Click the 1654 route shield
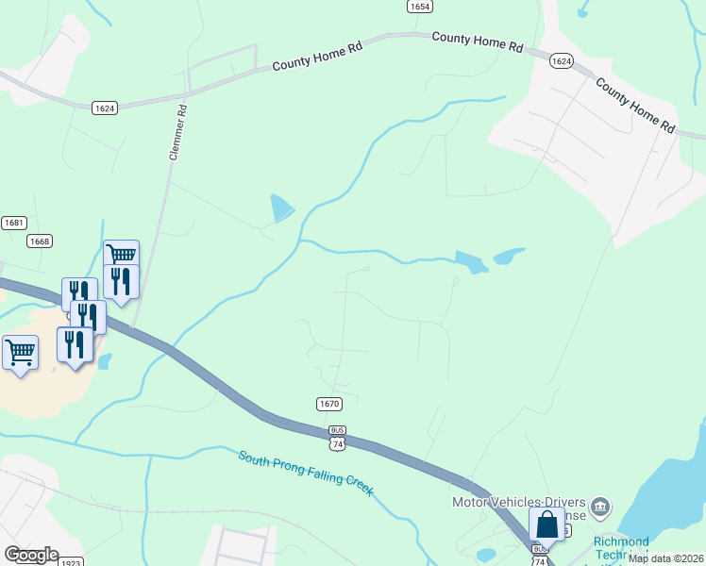click(420, 7)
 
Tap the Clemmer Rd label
click(177, 132)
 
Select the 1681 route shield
click(14, 223)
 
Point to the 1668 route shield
click(39, 241)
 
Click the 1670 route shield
click(328, 404)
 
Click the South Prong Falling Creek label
click(306, 473)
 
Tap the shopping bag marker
click(546, 524)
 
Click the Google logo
click(31, 556)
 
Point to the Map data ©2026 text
click(665, 558)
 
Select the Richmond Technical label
click(621, 547)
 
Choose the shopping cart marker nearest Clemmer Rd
click(121, 255)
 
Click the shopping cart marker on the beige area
click(21, 352)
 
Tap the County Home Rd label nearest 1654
click(477, 41)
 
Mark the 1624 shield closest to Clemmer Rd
click(105, 108)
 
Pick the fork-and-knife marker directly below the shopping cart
click(121, 281)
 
